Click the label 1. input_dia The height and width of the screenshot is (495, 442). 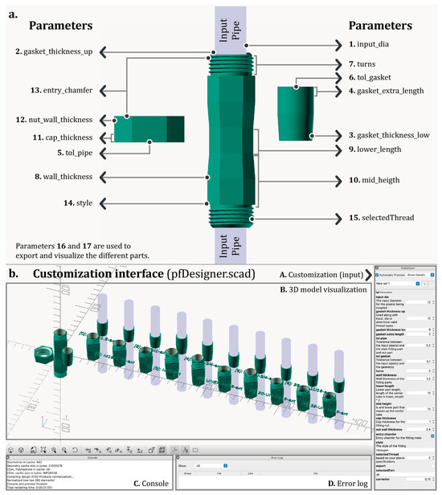click(x=378, y=44)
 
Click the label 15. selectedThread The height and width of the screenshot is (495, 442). click(x=380, y=216)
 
